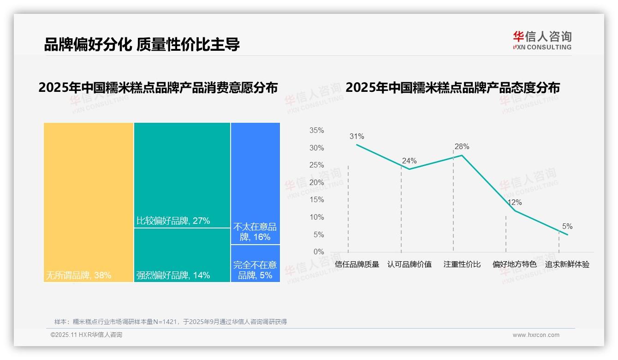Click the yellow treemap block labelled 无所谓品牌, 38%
pyautogui.click(x=89, y=202)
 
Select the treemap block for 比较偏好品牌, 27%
pyautogui.click(x=182, y=175)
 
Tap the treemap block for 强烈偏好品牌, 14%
pyautogui.click(x=182, y=255)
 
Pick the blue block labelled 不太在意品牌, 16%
pyautogui.click(x=255, y=183)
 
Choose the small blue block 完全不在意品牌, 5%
pyautogui.click(x=255, y=263)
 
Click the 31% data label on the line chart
pyautogui.click(x=357, y=137)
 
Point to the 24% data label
pyautogui.click(x=409, y=161)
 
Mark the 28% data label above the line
pyautogui.click(x=462, y=147)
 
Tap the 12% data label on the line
pyautogui.click(x=514, y=203)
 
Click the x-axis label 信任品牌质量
pyautogui.click(x=357, y=264)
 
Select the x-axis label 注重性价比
pyautogui.click(x=462, y=264)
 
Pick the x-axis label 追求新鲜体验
pyautogui.click(x=567, y=264)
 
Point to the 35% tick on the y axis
pyautogui.click(x=316, y=131)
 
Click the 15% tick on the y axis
pyautogui.click(x=316, y=200)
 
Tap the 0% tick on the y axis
pyautogui.click(x=318, y=252)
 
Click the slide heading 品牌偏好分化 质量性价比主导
pyautogui.click(x=142, y=44)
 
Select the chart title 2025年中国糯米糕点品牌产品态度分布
pyautogui.click(x=452, y=87)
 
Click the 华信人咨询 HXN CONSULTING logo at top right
pyautogui.click(x=542, y=40)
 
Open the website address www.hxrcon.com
pyautogui.click(x=536, y=335)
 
